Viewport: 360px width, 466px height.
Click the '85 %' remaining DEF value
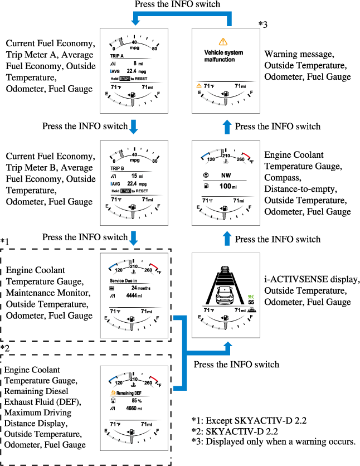tap(135, 400)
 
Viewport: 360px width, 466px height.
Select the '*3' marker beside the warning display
tap(264, 24)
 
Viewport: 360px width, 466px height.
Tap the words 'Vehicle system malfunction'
tap(223, 56)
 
